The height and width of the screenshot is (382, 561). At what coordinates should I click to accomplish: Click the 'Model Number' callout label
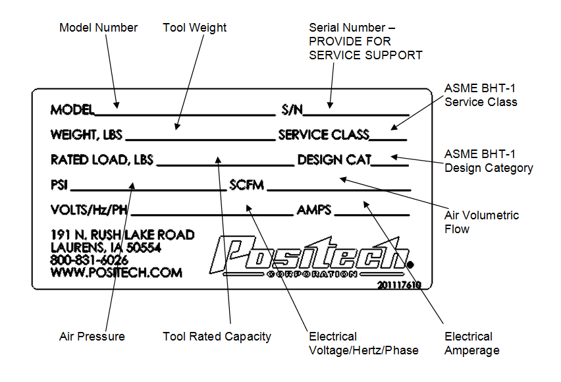pos(98,28)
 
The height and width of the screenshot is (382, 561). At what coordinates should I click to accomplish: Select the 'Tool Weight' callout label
pos(194,28)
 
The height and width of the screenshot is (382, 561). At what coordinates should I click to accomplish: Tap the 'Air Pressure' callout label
pos(92,337)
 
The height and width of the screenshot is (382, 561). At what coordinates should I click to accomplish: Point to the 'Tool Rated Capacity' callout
pos(217,337)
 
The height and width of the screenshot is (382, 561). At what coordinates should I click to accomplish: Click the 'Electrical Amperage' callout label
pos(471,344)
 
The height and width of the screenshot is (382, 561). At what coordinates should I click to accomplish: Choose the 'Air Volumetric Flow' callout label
pos(481,222)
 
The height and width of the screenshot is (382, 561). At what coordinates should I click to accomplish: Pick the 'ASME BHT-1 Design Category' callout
pos(489,161)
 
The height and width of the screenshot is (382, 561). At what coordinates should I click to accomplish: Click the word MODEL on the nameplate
pos(72,109)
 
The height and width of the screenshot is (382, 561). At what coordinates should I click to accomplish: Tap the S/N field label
pos(292,109)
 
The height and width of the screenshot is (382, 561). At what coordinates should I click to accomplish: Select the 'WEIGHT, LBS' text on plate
pos(86,135)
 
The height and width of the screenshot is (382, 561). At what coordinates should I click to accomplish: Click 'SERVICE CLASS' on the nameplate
pos(323,135)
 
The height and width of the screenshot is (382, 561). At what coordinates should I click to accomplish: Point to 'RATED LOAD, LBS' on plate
pos(101,160)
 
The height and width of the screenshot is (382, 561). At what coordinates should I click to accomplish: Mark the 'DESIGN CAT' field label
pos(334,160)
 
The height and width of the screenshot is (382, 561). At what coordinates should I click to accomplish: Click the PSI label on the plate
pos(60,185)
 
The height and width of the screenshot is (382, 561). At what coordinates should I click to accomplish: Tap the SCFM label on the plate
pos(246,185)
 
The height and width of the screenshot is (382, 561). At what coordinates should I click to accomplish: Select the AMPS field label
pos(314,210)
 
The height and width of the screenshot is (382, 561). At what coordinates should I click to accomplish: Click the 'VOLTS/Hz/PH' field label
pos(89,210)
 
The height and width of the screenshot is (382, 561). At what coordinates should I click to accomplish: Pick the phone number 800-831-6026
pos(90,259)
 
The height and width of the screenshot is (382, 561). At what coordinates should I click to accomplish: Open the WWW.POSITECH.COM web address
pos(116,272)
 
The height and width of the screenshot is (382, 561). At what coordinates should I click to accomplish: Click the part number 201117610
pos(399,285)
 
